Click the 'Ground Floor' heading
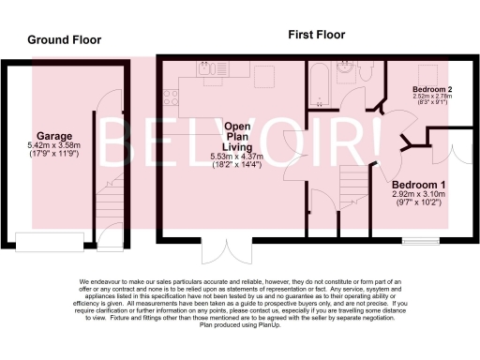click(64, 39)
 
